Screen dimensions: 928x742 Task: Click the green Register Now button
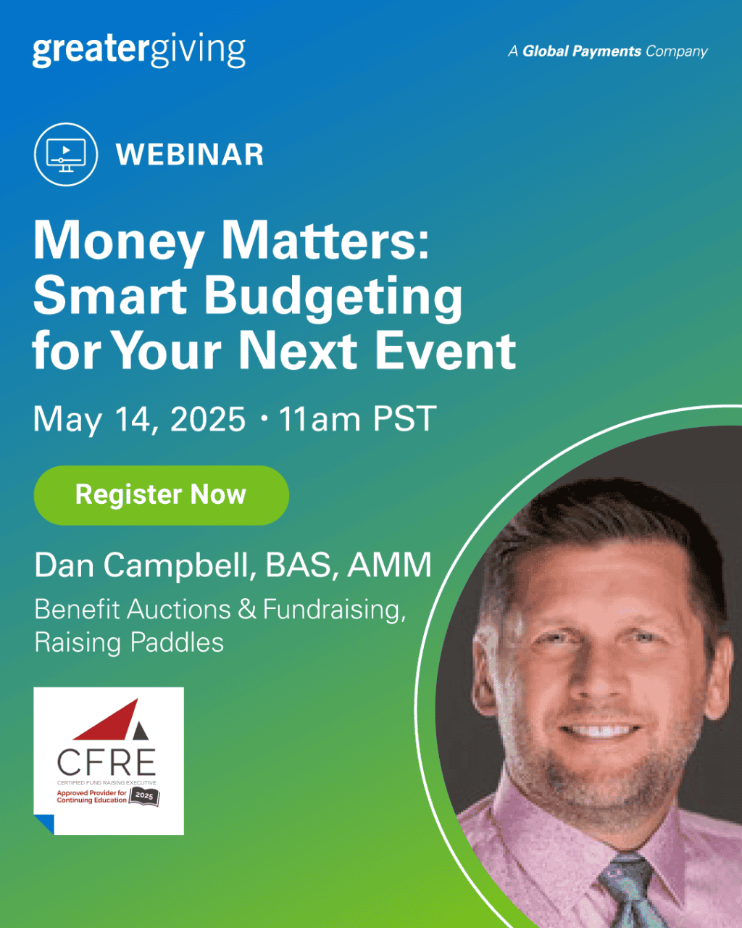coord(161,495)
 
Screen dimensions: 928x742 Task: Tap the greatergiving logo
coord(139,51)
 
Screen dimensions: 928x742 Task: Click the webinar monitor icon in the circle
coord(65,154)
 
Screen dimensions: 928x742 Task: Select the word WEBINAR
coord(190,155)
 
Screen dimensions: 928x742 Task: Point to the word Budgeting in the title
coord(333,297)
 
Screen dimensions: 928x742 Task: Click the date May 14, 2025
coord(140,419)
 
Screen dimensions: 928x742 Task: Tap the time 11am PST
coord(357,419)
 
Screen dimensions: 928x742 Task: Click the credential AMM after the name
coord(390,565)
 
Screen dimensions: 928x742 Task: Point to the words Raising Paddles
coord(129,642)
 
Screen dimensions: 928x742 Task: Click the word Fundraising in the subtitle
coord(333,609)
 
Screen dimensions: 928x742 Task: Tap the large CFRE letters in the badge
coord(107,762)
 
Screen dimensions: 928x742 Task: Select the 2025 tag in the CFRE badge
coord(144,796)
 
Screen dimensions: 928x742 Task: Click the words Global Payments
coord(582,51)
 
